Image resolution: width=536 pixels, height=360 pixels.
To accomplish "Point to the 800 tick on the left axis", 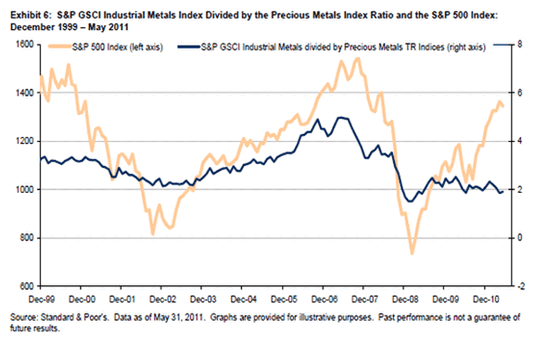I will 27,238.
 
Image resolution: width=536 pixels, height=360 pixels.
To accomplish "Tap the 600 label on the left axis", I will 27,286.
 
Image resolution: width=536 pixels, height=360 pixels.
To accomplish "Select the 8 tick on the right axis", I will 519,44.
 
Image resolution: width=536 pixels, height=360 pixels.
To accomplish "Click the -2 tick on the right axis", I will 521,286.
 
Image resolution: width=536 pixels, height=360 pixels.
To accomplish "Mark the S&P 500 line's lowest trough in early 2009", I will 412,254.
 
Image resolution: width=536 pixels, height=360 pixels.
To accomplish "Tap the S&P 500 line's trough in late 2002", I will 153,234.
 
